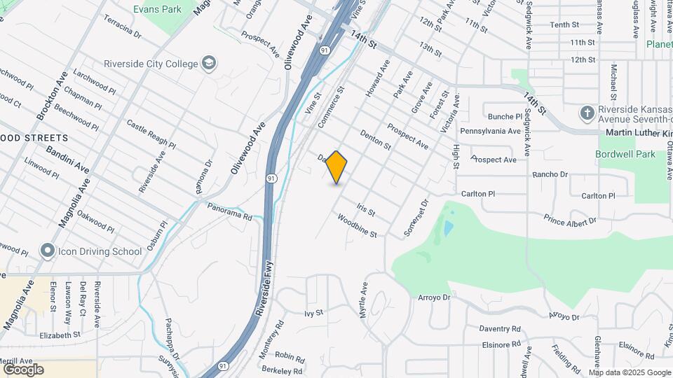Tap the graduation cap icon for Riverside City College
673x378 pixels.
[x=208, y=64]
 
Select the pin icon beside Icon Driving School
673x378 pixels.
[x=48, y=251]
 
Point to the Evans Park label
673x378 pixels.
[x=157, y=9]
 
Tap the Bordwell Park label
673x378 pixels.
[x=625, y=154]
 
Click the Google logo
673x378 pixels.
[x=24, y=370]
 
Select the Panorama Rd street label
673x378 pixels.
[x=229, y=212]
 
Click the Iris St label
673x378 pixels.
[x=367, y=209]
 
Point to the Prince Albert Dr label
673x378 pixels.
[x=569, y=221]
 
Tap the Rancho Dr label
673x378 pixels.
[x=550, y=174]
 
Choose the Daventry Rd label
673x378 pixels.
[x=500, y=328]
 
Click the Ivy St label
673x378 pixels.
[x=313, y=313]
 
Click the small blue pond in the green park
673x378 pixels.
[x=447, y=228]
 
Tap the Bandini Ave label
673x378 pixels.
[x=68, y=159]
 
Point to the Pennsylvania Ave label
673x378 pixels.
[x=490, y=131]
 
